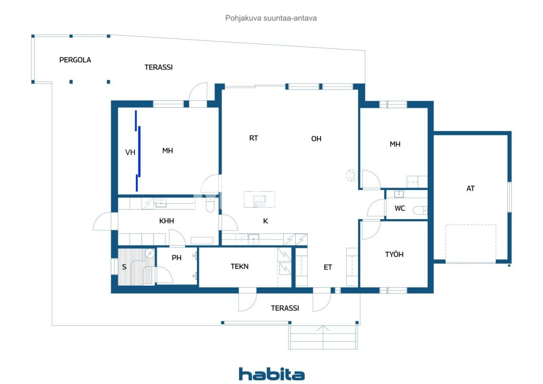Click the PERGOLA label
(x=75, y=60)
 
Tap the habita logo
(x=272, y=374)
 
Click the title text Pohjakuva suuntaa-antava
(x=271, y=18)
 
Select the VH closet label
(x=130, y=152)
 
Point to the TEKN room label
(x=240, y=266)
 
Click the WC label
(x=400, y=208)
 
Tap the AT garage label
(x=470, y=188)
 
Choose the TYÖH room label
(x=394, y=254)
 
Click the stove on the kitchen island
(x=259, y=201)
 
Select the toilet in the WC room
(x=420, y=210)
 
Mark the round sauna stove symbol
(x=150, y=253)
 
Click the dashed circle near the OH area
(x=352, y=175)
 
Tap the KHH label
(x=167, y=221)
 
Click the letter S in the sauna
(x=124, y=267)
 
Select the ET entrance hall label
(x=328, y=267)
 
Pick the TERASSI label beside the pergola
(x=159, y=67)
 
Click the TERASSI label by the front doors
(x=285, y=308)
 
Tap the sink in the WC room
(x=399, y=194)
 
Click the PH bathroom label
(x=176, y=258)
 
